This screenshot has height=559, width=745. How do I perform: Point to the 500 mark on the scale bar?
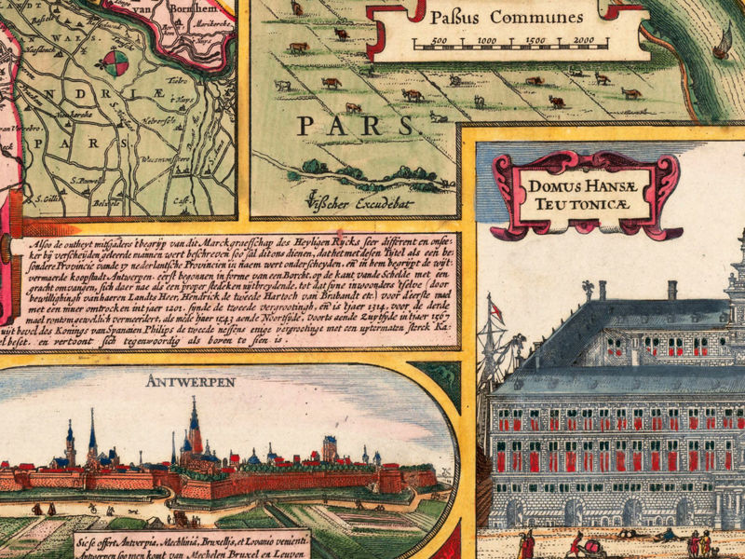pos(440,41)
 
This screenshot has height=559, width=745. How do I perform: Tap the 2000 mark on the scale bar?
pos(584,41)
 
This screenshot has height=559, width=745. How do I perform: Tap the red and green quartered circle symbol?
pos(115,63)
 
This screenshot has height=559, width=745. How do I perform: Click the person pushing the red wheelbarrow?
pos(577,544)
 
